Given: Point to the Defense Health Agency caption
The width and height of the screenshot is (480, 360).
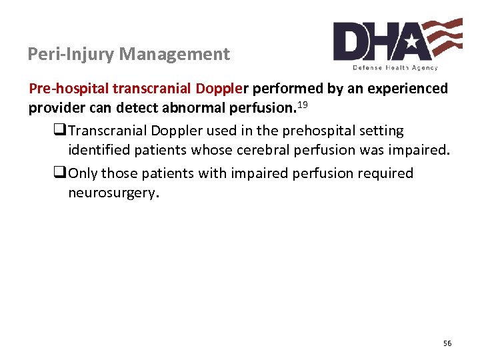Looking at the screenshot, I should click(395, 68).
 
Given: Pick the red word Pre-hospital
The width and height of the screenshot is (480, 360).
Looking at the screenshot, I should click(69, 89).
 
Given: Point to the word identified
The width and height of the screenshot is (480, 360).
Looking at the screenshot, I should click(100, 151).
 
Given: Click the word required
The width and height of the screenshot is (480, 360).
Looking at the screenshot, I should click(384, 174).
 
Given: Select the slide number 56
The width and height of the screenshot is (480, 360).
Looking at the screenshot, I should click(447, 343).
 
